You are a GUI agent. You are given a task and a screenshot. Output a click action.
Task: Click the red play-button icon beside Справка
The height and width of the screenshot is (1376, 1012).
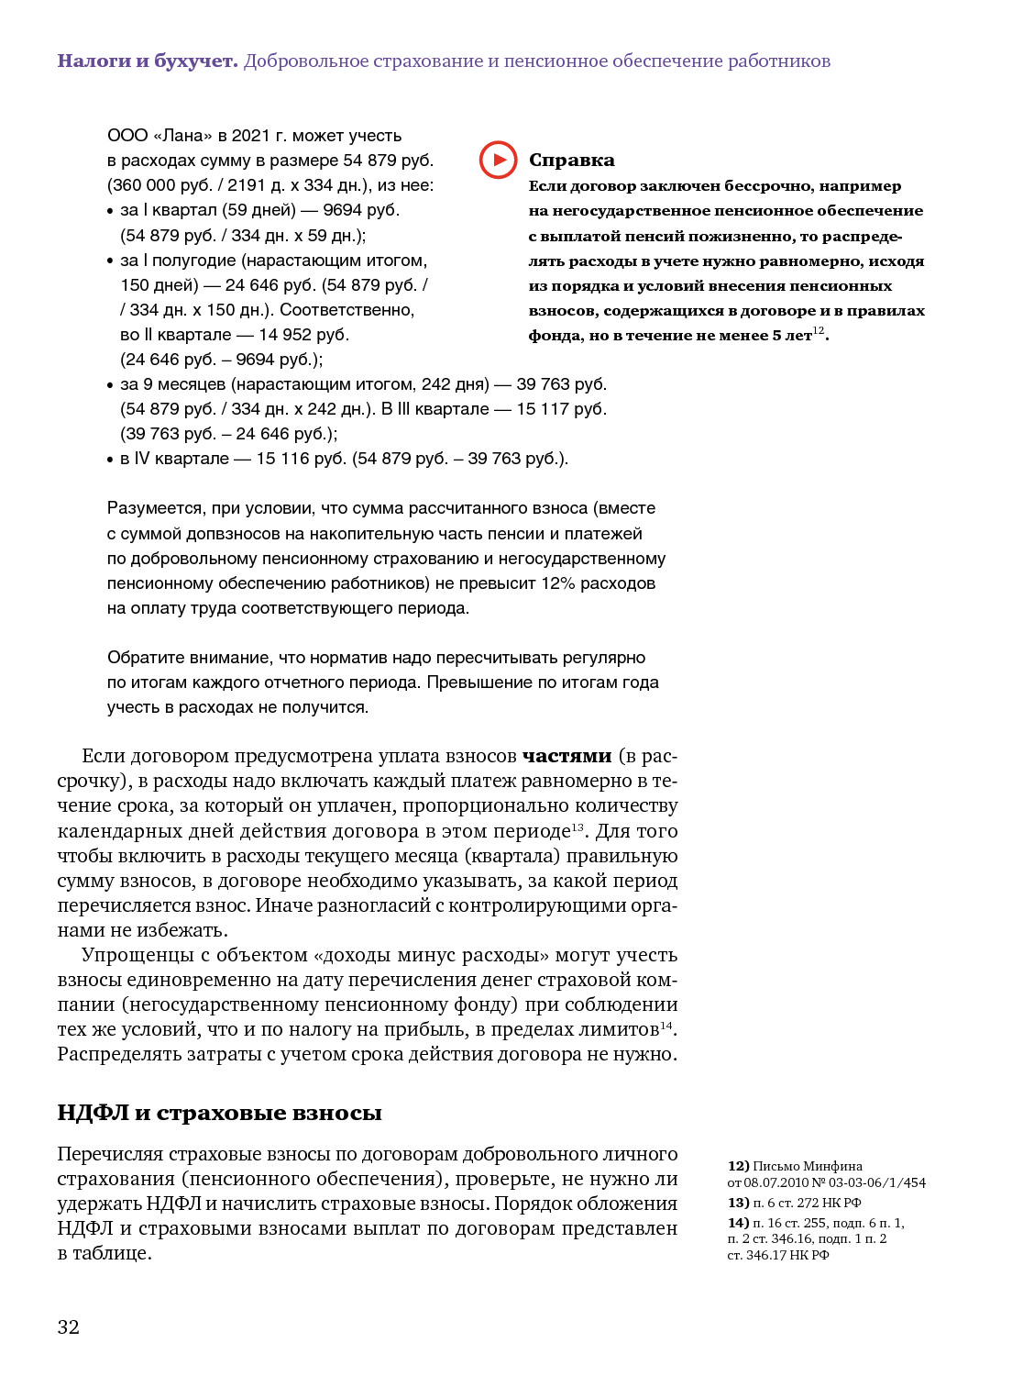point(498,160)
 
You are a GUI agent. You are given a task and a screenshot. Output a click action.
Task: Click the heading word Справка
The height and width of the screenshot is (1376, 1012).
point(571,160)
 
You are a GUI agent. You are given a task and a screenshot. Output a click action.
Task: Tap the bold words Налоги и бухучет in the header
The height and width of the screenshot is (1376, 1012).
point(148,61)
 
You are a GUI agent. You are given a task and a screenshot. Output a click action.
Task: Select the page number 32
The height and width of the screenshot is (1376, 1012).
point(69,1326)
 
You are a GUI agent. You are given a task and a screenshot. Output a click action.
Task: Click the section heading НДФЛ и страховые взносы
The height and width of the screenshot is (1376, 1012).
point(219,1113)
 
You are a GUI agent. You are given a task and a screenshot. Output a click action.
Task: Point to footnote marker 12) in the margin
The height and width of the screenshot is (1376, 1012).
point(738,1166)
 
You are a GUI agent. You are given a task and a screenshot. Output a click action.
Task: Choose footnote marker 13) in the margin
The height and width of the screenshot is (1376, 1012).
point(738,1203)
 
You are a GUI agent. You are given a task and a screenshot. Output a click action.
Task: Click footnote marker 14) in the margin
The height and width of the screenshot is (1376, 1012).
point(738,1223)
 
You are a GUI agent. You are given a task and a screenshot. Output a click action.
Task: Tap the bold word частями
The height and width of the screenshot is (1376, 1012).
point(566,756)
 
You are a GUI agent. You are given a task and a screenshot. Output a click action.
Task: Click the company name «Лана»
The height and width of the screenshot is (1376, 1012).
point(182,136)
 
